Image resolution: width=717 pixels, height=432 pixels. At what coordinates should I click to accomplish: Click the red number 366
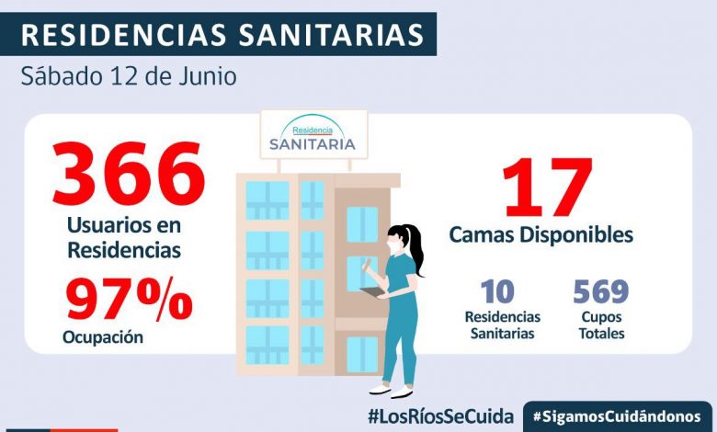(x=128, y=175)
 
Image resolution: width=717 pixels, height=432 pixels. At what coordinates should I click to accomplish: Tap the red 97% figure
(x=128, y=301)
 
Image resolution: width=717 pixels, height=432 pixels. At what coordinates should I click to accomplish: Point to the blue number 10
(x=497, y=292)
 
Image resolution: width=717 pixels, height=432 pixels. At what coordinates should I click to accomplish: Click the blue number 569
(x=600, y=292)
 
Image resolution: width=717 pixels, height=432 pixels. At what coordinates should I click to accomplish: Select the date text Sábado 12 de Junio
(x=129, y=75)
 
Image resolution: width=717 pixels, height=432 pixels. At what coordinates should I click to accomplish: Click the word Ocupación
(x=103, y=337)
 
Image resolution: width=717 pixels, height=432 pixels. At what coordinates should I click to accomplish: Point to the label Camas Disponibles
(x=541, y=235)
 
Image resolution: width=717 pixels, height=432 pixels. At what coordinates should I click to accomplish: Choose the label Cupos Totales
(x=601, y=324)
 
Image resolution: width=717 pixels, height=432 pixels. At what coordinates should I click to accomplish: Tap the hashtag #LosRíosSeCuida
(x=439, y=415)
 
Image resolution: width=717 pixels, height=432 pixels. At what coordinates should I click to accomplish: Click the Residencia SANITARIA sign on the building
(x=313, y=135)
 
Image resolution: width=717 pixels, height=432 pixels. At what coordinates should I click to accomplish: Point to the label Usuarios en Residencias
(x=123, y=237)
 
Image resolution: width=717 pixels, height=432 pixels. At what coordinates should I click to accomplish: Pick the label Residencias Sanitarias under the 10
(x=502, y=324)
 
